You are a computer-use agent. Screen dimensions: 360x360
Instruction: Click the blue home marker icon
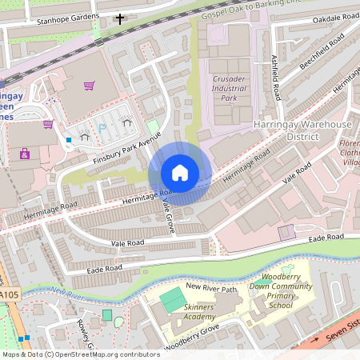click(x=180, y=173)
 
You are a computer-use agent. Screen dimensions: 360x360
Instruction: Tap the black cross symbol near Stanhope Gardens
click(x=121, y=18)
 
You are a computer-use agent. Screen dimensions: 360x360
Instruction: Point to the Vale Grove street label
click(x=168, y=215)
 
